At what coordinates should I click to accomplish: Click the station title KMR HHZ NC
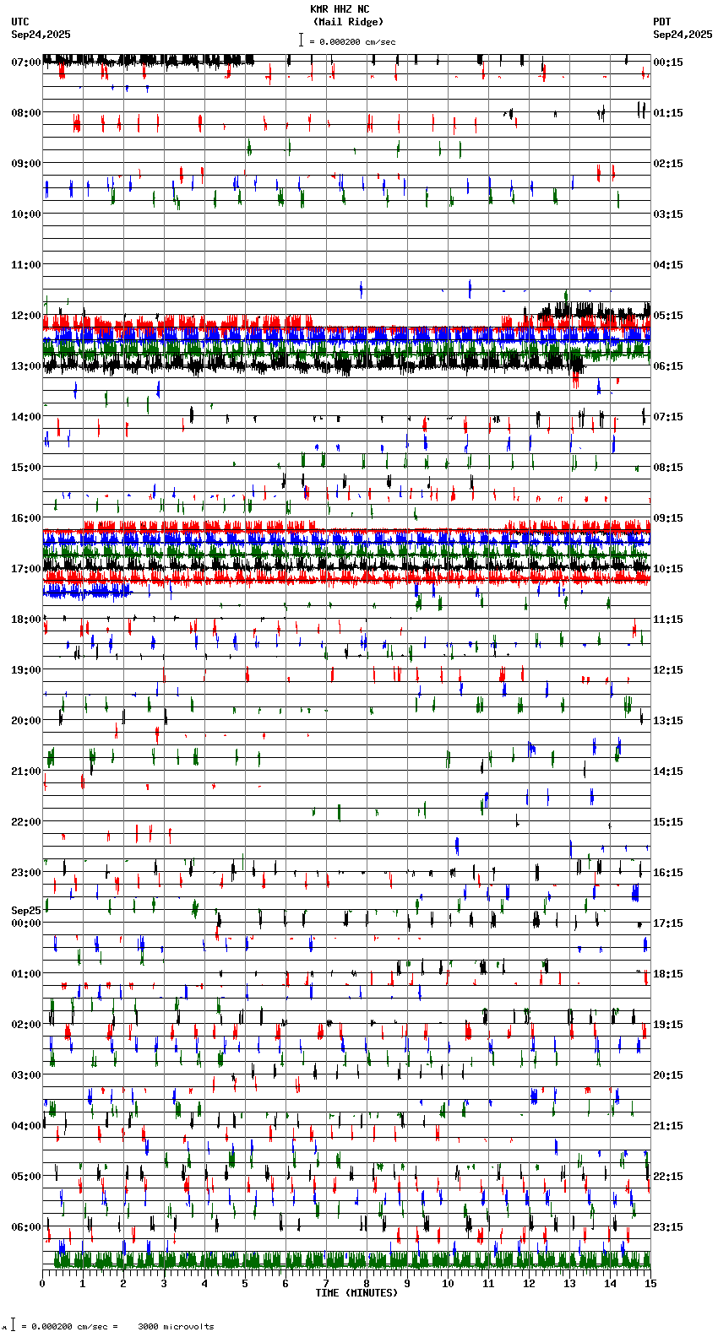coord(340,9)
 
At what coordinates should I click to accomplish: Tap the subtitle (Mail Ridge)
coord(348,22)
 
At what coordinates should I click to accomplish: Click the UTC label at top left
coord(20,22)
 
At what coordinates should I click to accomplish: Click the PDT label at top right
coord(661,22)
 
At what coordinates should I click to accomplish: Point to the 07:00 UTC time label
coord(26,62)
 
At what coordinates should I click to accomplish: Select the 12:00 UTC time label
coord(26,316)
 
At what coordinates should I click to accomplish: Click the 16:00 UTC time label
coord(26,518)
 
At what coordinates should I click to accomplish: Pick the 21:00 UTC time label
coord(26,771)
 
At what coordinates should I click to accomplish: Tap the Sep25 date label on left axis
coord(26,911)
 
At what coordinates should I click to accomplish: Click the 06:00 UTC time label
coord(26,1227)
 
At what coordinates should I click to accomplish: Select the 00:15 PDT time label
coord(668,62)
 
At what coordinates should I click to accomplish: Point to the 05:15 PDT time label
coord(668,316)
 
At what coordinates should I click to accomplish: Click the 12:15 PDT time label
coord(668,670)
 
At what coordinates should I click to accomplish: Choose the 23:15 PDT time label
coord(668,1227)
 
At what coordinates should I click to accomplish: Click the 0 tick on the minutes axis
coord(42,1284)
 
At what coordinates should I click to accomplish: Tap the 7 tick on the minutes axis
coord(326,1284)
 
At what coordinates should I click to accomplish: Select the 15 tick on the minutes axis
coord(650,1284)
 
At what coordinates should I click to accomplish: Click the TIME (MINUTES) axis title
coord(356,1293)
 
